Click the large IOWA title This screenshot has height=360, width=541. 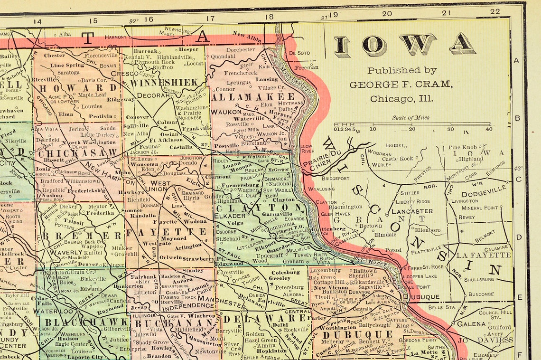[x=405, y=45]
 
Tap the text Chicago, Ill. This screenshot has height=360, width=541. [x=401, y=99]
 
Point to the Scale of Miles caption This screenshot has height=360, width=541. [x=410, y=118]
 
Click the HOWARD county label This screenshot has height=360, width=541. [x=78, y=88]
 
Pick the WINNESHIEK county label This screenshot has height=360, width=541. [x=164, y=83]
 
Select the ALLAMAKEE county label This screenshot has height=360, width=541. [x=253, y=97]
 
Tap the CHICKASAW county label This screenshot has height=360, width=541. [x=78, y=153]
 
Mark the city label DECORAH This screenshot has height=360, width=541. [x=153, y=95]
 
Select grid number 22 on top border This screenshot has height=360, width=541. [x=495, y=11]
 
